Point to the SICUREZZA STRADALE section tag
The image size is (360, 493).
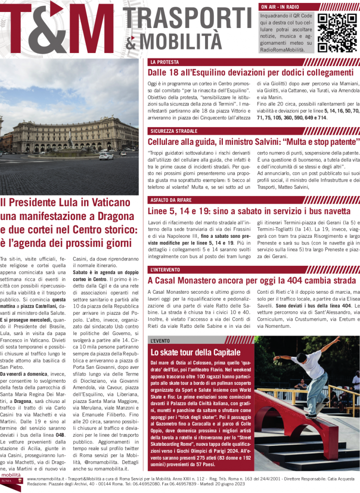click(174, 131)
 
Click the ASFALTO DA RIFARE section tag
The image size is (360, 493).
click(171, 200)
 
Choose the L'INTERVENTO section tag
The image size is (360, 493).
click(165, 269)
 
